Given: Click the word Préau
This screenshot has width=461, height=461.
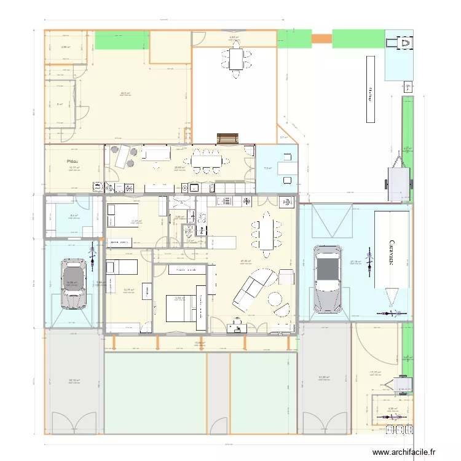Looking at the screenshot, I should pyautogui.click(x=73, y=162).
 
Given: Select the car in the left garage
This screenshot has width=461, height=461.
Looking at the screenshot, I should pyautogui.click(x=73, y=283).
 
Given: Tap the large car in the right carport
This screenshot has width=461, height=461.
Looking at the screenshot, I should pyautogui.click(x=327, y=277).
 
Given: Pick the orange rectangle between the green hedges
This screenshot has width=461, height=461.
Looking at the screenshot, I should pyautogui.click(x=321, y=39).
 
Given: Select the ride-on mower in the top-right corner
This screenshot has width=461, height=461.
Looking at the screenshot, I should pyautogui.click(x=405, y=44).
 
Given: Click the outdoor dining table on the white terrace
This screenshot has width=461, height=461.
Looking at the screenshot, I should pyautogui.click(x=238, y=60).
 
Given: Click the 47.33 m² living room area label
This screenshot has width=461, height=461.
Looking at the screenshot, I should pyautogui.click(x=245, y=261).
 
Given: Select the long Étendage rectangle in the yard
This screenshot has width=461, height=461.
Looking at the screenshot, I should pyautogui.click(x=371, y=89).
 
